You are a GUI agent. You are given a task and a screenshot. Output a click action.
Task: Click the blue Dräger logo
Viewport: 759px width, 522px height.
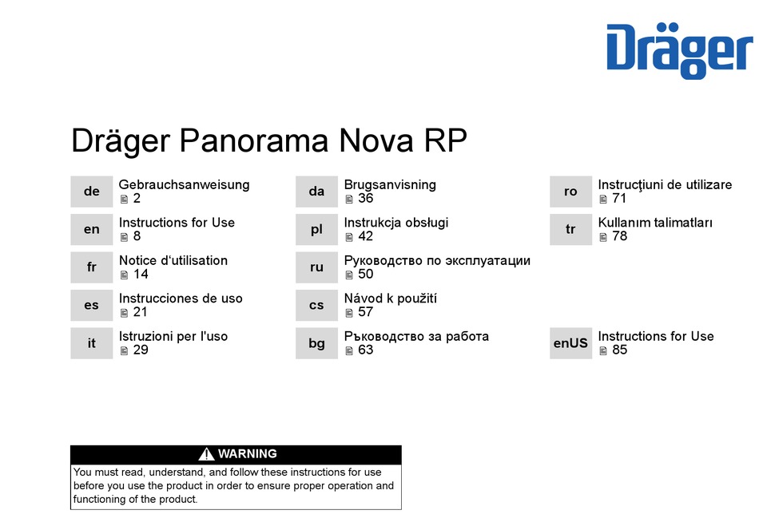click(680, 50)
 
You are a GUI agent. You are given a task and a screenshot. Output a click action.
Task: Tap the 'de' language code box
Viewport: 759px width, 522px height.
click(92, 192)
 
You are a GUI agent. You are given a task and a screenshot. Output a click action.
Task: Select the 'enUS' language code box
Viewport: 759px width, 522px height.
click(570, 343)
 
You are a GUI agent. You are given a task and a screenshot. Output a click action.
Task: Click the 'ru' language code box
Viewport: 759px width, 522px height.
click(316, 267)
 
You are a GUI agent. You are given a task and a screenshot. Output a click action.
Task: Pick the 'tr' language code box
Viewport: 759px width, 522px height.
click(570, 229)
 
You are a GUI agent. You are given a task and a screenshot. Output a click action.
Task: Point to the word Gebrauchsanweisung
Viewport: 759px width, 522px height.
click(184, 185)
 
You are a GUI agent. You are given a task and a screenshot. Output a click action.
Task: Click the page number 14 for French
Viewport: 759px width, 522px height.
click(141, 275)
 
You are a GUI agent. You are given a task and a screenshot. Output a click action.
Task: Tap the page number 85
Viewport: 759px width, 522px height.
click(620, 350)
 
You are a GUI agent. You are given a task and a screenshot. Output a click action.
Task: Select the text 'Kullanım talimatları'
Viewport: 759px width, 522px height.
click(655, 223)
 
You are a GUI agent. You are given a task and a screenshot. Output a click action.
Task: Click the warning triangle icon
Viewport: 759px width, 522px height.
click(206, 454)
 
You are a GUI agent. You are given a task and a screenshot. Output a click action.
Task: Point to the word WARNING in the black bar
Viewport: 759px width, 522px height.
click(248, 454)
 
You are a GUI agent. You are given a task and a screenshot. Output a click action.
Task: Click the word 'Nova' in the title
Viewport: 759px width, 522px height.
click(376, 140)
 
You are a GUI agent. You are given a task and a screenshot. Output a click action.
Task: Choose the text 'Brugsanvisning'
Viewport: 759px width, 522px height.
click(390, 185)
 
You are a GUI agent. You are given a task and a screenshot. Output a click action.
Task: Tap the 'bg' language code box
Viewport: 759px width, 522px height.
click(316, 343)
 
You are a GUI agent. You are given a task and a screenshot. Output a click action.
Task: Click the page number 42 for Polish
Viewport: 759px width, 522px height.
click(365, 236)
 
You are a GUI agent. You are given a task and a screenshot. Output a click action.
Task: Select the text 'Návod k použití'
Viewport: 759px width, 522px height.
click(390, 298)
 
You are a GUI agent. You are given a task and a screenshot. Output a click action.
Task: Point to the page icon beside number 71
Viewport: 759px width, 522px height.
click(603, 199)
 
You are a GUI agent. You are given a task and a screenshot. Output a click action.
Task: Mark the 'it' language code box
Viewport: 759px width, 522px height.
click(92, 343)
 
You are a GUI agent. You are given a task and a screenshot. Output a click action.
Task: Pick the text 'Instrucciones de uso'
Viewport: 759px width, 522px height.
click(181, 299)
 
